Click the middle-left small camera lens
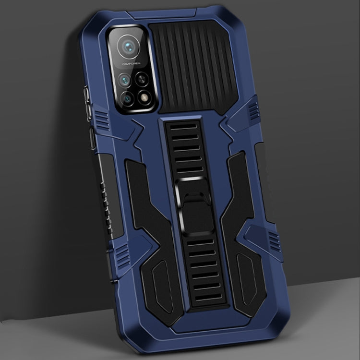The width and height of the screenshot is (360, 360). pos(125,79)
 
